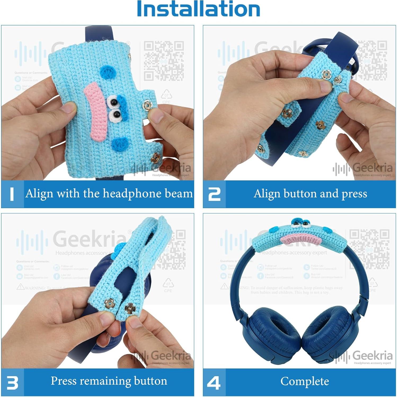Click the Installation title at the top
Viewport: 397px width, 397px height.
(x=198, y=9)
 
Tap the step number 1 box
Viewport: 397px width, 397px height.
(x=12, y=194)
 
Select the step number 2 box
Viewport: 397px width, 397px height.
(x=214, y=194)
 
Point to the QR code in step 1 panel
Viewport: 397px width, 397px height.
(x=164, y=61)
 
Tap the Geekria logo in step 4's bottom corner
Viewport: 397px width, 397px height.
(x=363, y=356)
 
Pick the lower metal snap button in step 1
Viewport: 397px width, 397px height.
(x=155, y=158)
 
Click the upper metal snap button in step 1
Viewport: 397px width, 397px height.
(x=147, y=106)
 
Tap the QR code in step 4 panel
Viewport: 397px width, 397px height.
(x=369, y=249)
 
